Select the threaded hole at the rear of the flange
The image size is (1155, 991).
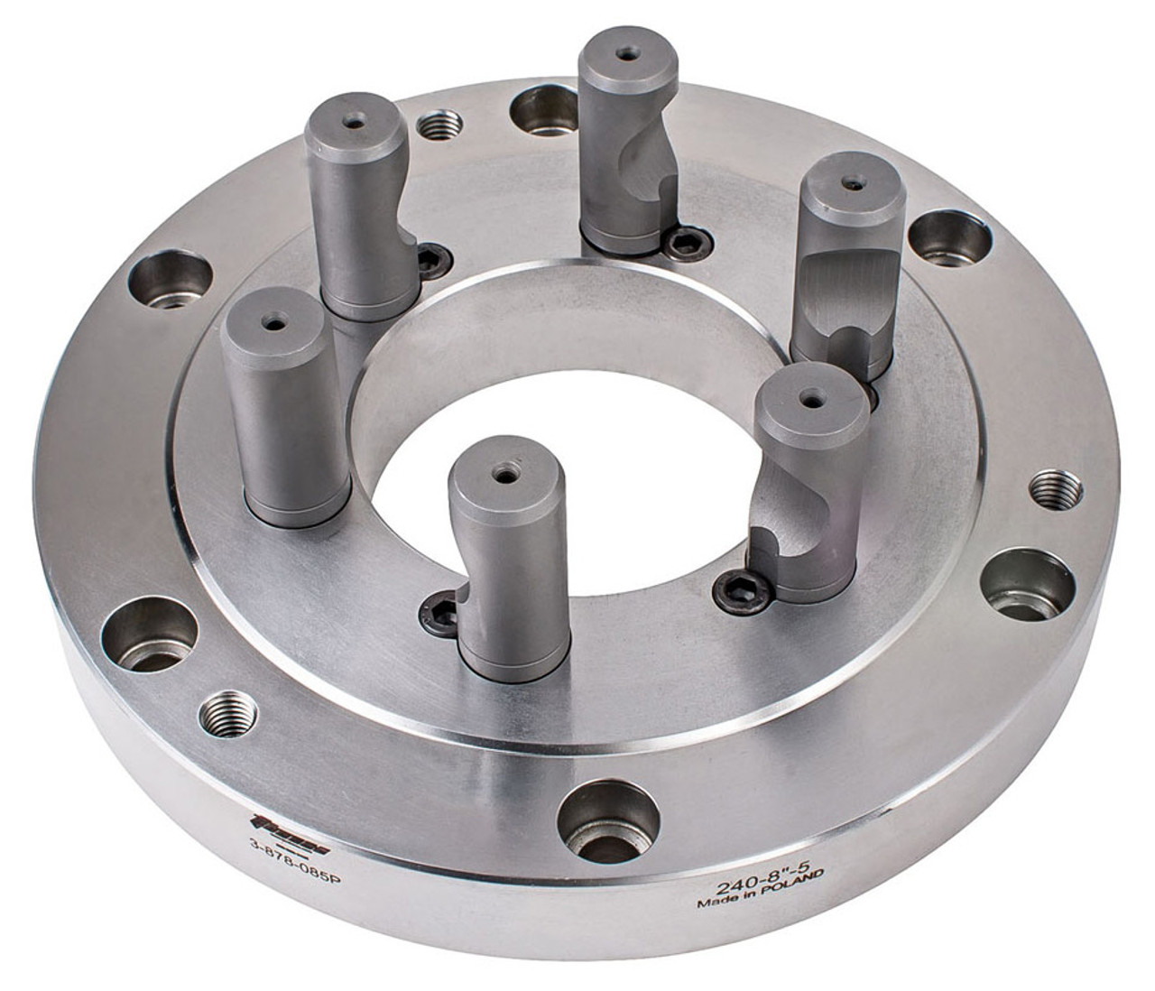point(440,124)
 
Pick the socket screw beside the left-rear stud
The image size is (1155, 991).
point(430,259)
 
